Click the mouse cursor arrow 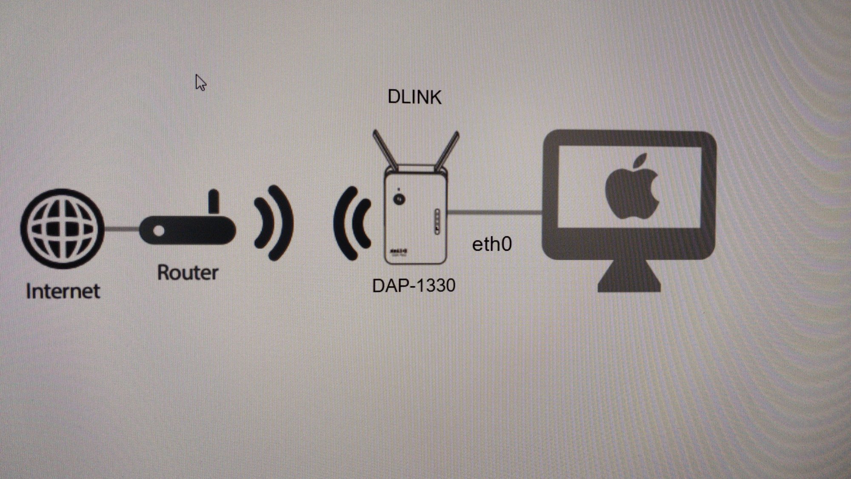tap(200, 83)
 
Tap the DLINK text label tap(414, 98)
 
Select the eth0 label tap(492, 244)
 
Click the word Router tap(188, 272)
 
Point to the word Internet tap(63, 292)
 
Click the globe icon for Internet tap(63, 229)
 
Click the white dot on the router tap(159, 231)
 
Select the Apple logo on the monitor tap(632, 187)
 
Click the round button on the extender tap(399, 199)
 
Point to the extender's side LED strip tap(437, 221)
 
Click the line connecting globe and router tap(121, 229)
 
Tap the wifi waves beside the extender tap(352, 223)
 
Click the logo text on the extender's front tap(399, 251)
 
